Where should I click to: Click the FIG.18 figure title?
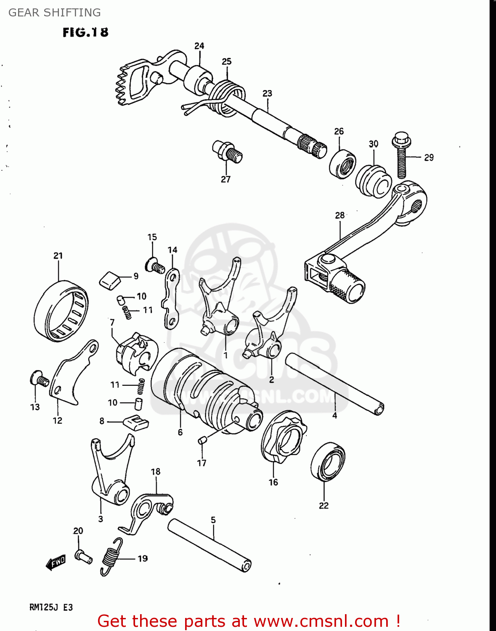85,32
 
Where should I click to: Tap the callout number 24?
199,46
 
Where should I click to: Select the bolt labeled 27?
228,151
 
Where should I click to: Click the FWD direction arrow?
56,562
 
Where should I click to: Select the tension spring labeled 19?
111,556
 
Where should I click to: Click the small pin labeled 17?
202,440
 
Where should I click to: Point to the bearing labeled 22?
328,461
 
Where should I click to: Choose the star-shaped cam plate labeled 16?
283,437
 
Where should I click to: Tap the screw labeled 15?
156,266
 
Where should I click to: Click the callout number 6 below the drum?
180,432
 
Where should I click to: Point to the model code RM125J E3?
51,607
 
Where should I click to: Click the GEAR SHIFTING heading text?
55,13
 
